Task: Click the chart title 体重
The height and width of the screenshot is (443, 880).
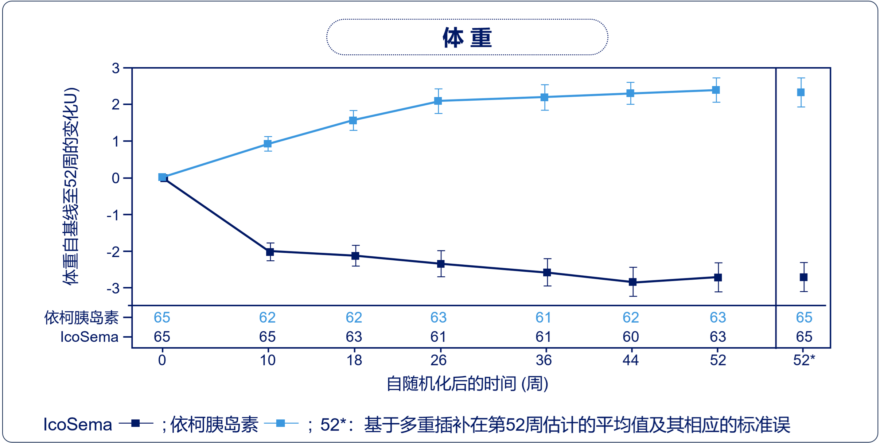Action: click(x=467, y=38)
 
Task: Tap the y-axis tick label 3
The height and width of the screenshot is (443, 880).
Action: click(x=116, y=68)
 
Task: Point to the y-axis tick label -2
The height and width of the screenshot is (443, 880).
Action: click(x=113, y=252)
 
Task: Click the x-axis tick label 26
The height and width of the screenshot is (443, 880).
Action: click(x=438, y=360)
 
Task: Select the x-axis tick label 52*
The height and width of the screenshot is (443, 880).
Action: click(x=804, y=360)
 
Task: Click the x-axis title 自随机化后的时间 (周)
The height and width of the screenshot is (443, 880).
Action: click(x=467, y=384)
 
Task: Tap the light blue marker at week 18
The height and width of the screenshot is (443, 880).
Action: click(x=353, y=120)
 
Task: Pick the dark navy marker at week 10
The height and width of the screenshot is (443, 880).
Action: click(x=270, y=252)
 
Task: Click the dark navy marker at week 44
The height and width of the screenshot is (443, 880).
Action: click(x=633, y=282)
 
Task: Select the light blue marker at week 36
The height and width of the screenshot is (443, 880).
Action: click(x=545, y=97)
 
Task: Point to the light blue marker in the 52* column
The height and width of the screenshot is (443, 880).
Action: click(x=801, y=92)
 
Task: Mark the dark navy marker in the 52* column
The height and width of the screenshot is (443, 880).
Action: click(x=804, y=277)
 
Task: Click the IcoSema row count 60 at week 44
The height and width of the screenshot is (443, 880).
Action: click(x=631, y=337)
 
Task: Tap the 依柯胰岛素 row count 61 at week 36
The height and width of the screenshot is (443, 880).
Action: click(x=543, y=318)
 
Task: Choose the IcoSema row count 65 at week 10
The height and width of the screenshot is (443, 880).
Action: click(x=267, y=337)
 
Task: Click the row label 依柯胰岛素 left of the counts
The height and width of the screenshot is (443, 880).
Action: click(x=81, y=318)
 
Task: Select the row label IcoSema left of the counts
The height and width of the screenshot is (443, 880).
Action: click(x=89, y=337)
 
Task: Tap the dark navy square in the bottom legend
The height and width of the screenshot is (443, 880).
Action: click(x=136, y=423)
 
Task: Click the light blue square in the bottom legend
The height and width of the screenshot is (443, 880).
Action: click(x=281, y=423)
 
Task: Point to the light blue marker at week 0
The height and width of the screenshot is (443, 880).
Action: click(x=162, y=177)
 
